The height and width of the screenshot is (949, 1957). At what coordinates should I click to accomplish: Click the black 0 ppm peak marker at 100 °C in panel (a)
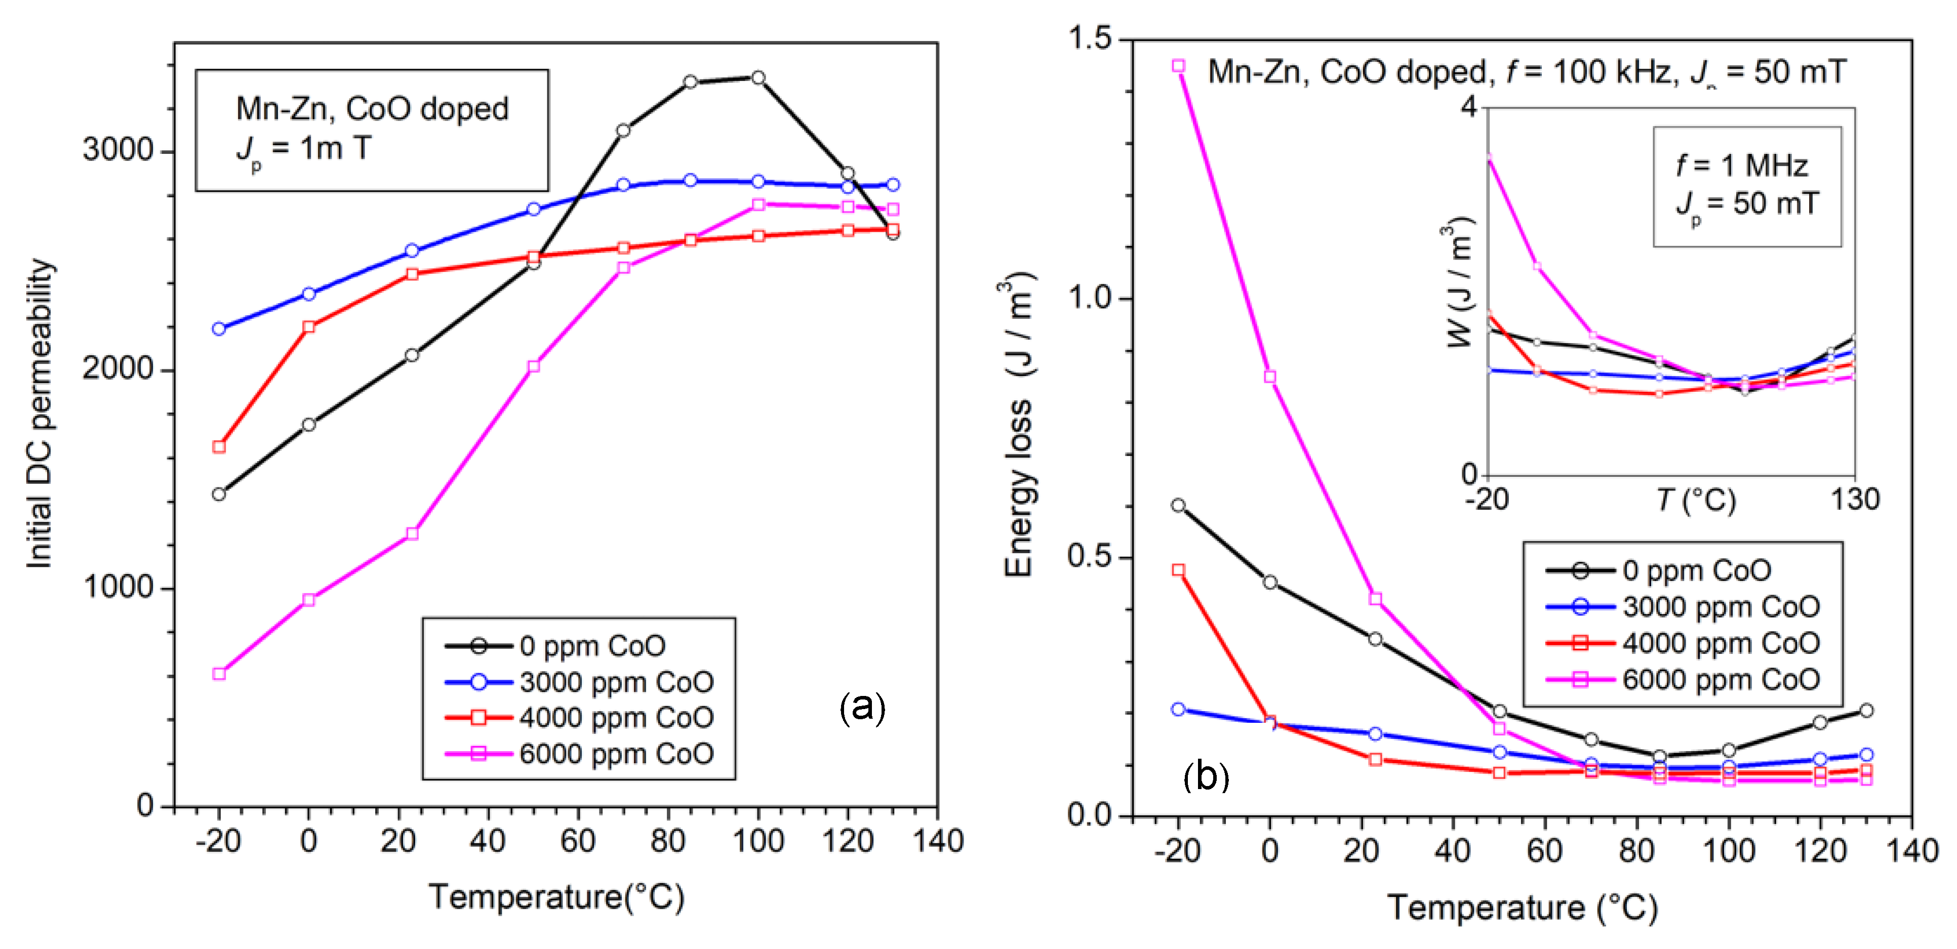[757, 77]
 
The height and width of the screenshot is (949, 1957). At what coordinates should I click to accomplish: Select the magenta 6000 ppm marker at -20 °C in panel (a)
[219, 673]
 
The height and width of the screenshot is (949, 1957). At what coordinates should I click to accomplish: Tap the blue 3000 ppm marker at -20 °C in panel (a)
[219, 329]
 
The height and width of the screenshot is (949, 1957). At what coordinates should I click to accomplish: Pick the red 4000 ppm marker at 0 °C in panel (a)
[308, 326]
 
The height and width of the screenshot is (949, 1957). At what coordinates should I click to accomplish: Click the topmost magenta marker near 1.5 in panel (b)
[1178, 66]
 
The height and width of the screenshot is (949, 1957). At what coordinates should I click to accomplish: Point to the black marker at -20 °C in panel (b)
[1178, 505]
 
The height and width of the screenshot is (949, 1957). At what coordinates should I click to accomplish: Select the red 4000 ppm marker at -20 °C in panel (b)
[1178, 569]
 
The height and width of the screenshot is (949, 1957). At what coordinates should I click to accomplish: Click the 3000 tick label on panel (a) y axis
[118, 150]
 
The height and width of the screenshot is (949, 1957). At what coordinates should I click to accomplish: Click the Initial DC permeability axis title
[39, 414]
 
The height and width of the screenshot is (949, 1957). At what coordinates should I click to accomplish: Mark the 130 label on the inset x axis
[1854, 500]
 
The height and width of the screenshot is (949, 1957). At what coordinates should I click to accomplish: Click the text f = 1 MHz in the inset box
[1741, 165]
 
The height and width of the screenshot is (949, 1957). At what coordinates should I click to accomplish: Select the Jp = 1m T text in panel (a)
[304, 149]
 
